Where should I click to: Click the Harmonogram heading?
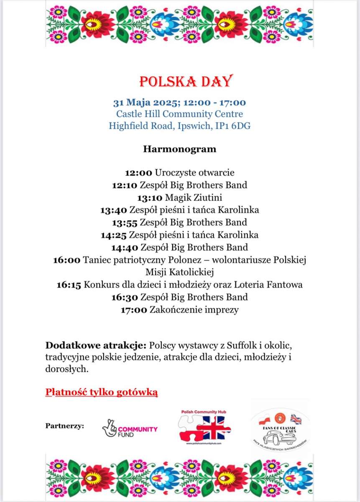click(x=180, y=149)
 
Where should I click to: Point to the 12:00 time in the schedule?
click(x=139, y=172)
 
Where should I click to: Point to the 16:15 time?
click(x=69, y=285)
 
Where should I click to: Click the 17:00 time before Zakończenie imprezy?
click(x=134, y=310)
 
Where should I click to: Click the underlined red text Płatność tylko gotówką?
click(x=102, y=392)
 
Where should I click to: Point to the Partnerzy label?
click(x=64, y=426)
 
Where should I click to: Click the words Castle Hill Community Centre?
click(x=180, y=114)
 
